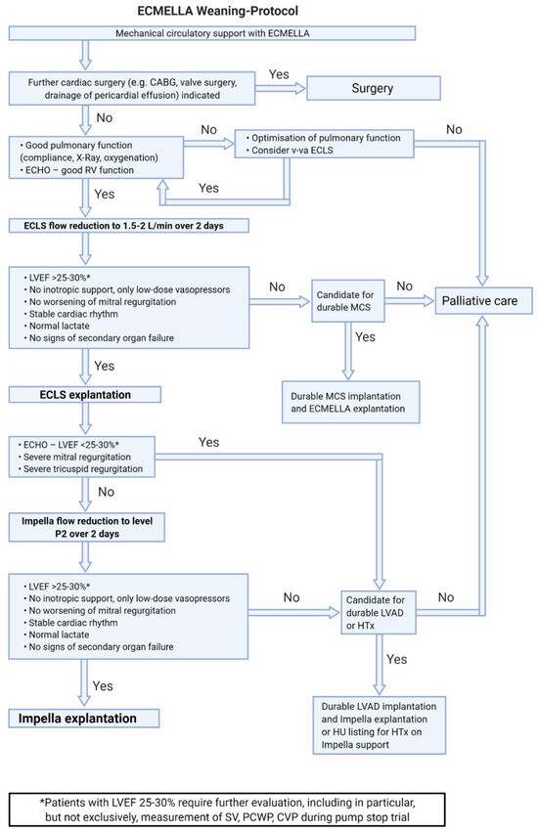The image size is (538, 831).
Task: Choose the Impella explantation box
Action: pos(74,719)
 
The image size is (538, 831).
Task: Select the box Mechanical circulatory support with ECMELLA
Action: pos(212,32)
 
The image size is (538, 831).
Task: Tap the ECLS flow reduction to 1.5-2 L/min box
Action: pos(128,226)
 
